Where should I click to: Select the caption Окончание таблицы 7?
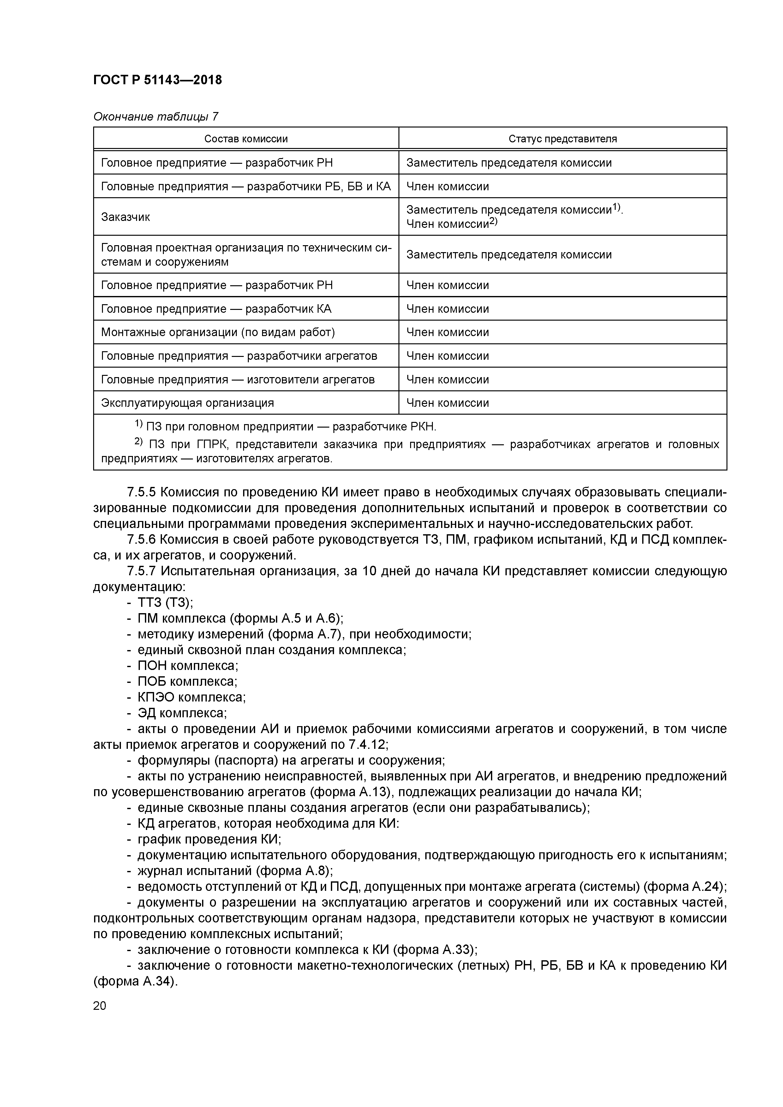tap(155, 117)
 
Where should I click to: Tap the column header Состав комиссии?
tap(246, 139)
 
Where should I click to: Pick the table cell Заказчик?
tap(125, 217)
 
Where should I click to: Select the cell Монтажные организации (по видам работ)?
tap(218, 332)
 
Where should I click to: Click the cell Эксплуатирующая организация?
tap(187, 403)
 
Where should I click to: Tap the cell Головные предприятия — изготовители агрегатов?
tap(237, 379)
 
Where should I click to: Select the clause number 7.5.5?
tap(141, 492)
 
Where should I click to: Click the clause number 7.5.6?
tap(141, 540)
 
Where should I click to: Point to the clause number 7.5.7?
tap(141, 571)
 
